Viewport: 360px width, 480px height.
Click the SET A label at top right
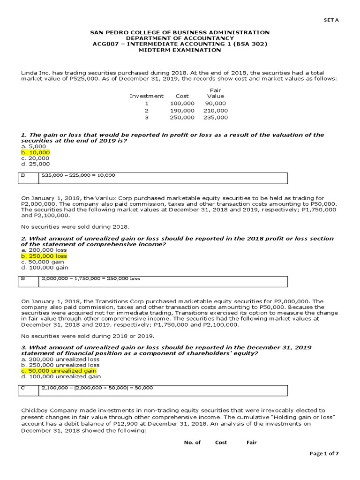click(x=331, y=20)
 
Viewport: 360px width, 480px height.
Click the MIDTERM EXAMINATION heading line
click(x=180, y=50)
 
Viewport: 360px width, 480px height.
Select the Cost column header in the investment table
click(x=182, y=96)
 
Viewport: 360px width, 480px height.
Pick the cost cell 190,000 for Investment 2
click(x=182, y=110)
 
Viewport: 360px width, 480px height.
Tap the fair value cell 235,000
click(x=215, y=118)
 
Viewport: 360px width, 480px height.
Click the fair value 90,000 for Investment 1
click(x=215, y=103)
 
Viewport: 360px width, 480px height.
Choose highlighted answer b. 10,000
click(x=36, y=152)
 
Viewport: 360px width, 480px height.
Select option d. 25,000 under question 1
click(x=35, y=164)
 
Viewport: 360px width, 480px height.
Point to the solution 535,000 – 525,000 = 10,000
click(x=78, y=175)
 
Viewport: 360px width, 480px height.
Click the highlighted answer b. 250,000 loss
click(x=44, y=256)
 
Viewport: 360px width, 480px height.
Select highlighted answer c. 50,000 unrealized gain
click(x=59, y=370)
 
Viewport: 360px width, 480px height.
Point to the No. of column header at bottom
click(x=192, y=442)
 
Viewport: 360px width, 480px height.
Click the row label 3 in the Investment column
click(x=146, y=118)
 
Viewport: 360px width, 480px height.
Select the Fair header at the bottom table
click(x=251, y=442)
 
